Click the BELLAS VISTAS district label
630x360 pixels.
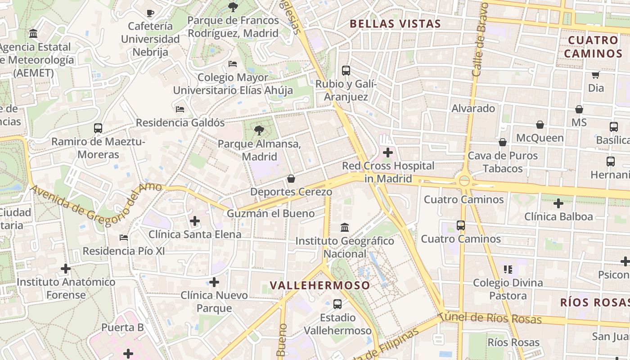395,24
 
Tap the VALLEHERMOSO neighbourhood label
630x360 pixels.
320,285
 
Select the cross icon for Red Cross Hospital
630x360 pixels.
387,153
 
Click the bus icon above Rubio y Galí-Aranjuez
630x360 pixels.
346,71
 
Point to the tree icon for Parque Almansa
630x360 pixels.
259,131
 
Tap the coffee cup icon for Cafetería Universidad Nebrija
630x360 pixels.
150,13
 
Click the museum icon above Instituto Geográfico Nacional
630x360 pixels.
345,227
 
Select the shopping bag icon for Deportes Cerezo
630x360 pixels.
291,179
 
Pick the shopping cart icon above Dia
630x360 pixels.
596,75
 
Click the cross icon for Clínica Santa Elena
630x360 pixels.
194,221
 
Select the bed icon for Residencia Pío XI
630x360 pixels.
124,237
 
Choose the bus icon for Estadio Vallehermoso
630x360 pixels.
337,304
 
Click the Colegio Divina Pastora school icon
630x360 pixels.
508,270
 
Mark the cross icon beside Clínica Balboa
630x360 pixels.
558,203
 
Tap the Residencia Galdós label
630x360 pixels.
180,122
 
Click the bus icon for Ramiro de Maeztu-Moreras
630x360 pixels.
98,128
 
